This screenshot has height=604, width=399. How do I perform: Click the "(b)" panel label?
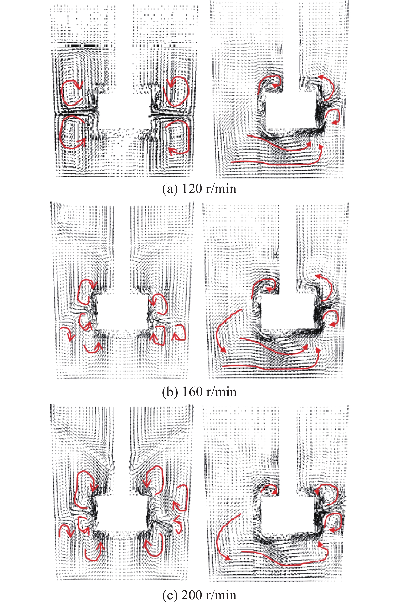point(170,392)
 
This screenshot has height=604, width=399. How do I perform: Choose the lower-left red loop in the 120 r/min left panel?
point(60,132)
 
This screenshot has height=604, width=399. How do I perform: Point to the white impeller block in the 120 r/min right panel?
point(292,111)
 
